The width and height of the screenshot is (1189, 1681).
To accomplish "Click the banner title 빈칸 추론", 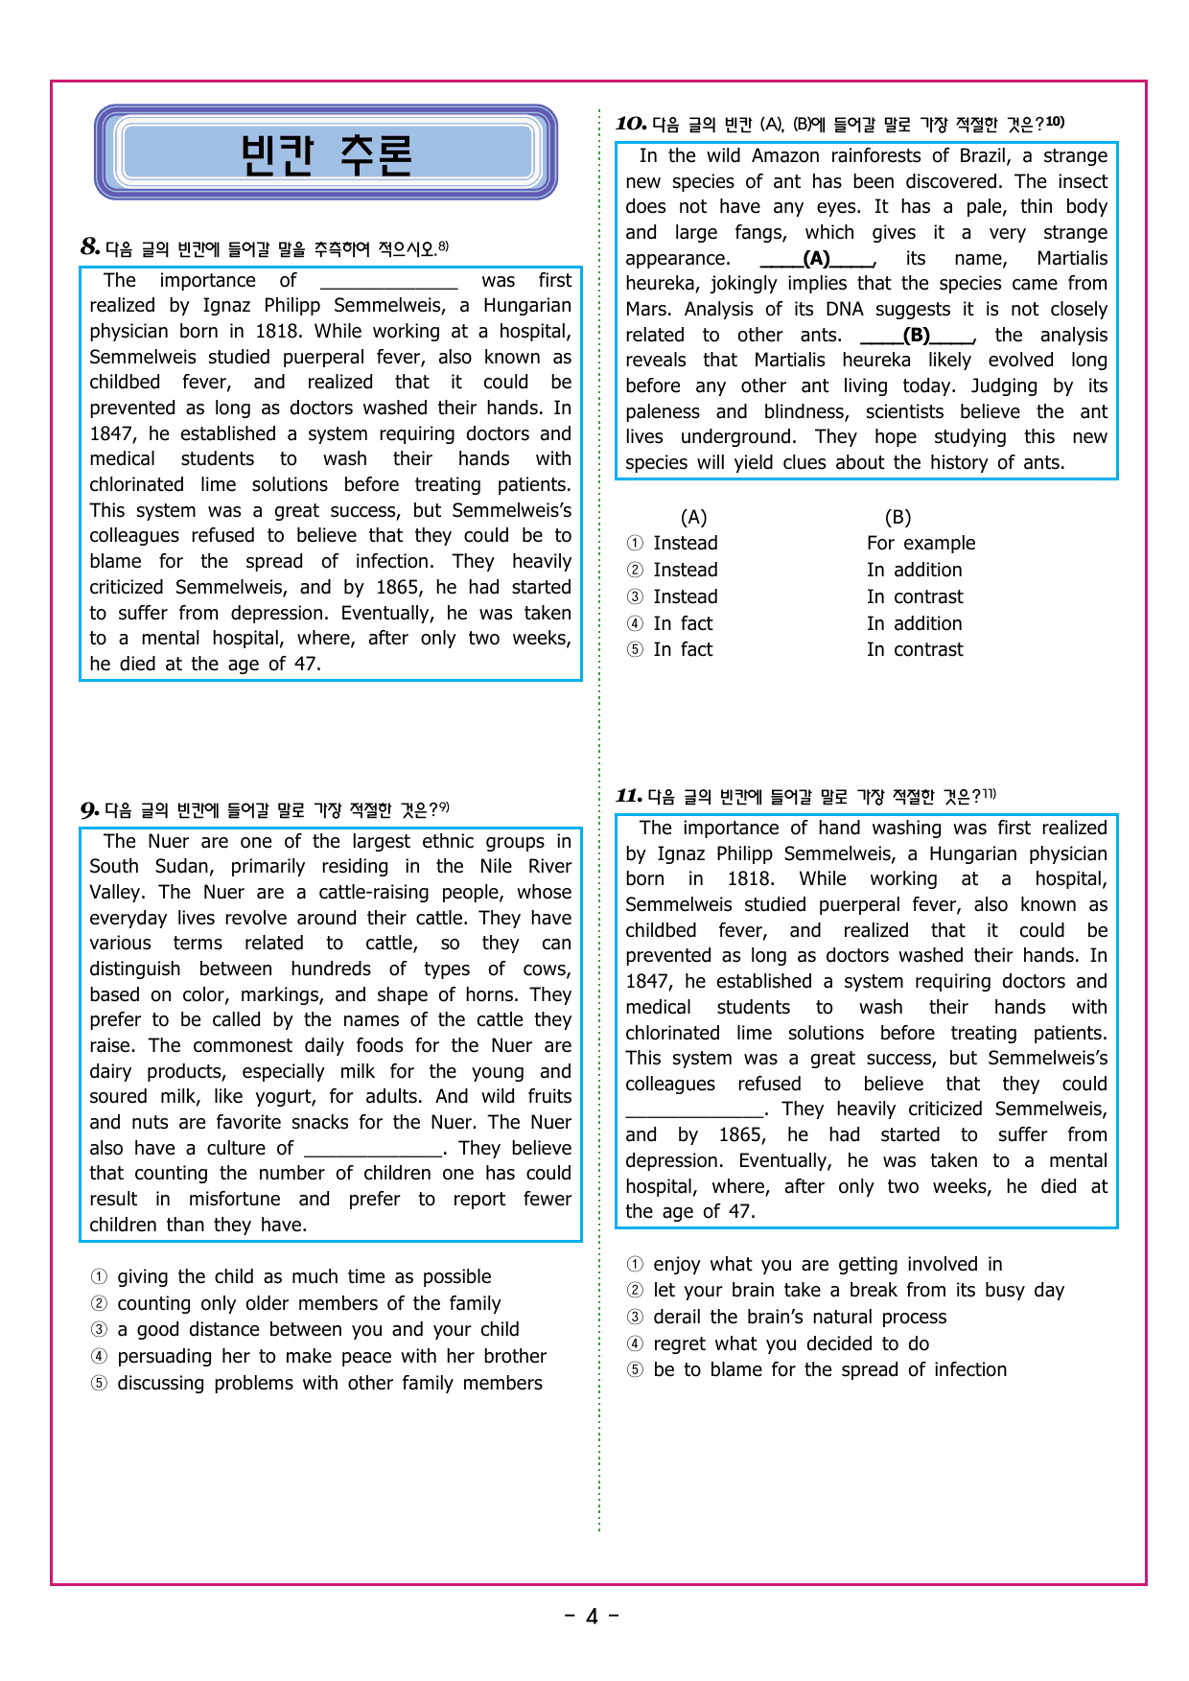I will point(326,154).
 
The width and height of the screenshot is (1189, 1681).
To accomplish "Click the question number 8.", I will point(90,247).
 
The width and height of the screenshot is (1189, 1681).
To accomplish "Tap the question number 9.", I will point(90,810).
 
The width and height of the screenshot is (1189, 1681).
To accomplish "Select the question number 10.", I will point(630,124).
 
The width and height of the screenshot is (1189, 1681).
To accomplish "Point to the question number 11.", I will point(629,796).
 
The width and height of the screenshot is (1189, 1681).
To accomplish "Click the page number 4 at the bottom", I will point(592,1617).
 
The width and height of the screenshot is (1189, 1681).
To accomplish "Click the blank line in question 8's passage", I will point(388,281).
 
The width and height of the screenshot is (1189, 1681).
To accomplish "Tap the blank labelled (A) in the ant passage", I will point(816,259).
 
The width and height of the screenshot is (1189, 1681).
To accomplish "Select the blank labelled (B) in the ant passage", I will point(917,336).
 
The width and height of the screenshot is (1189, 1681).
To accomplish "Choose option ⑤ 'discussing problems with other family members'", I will point(329,1383).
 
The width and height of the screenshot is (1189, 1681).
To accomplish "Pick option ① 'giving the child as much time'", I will point(303,1276).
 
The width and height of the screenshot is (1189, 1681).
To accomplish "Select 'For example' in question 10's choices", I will point(921,544).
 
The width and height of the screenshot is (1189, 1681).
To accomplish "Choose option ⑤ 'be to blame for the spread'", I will point(829,1369).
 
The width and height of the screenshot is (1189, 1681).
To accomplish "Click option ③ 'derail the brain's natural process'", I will point(799,1317).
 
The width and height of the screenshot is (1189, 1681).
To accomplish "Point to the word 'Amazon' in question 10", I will point(784,156).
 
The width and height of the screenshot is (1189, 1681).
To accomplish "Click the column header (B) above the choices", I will point(898,518).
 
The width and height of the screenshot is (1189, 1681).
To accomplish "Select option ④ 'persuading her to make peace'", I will point(331,1356).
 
